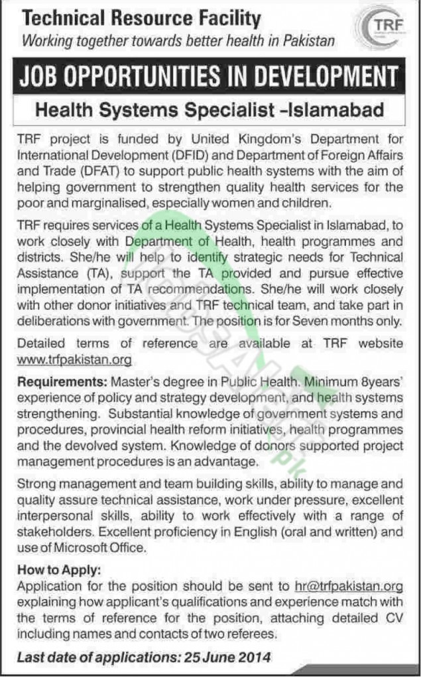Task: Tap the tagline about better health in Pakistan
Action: pyautogui.click(x=178, y=41)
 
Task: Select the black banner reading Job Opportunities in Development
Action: pyautogui.click(x=210, y=77)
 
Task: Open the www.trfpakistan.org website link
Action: pyautogui.click(x=74, y=360)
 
